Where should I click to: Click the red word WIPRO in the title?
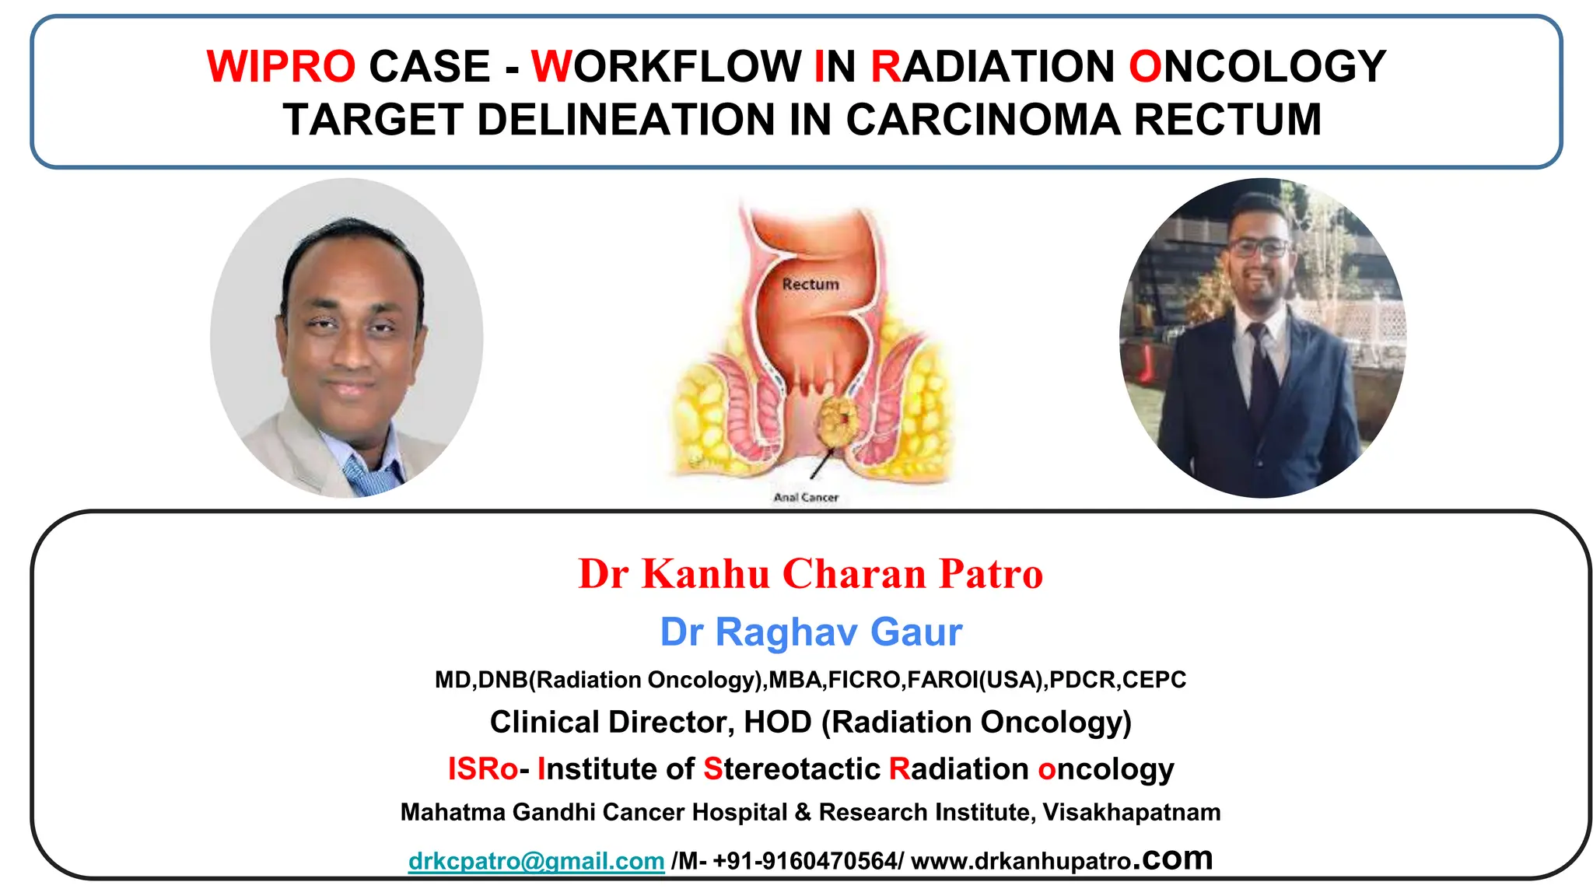tap(281, 67)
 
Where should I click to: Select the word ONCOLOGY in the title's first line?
tap(1257, 67)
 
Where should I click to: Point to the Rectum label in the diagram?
tap(811, 285)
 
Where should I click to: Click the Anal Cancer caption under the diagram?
tap(806, 497)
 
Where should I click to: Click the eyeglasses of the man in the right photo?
tap(1259, 248)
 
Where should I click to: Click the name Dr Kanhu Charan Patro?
tap(811, 574)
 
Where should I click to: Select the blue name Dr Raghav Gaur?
tap(811, 632)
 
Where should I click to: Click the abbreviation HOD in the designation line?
tap(778, 722)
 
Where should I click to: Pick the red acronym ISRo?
tap(482, 769)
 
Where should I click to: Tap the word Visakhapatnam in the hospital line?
tap(1131, 812)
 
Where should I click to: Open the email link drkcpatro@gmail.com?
tap(536, 861)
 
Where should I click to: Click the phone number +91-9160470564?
tap(805, 861)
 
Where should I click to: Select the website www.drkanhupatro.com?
tap(1061, 859)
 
